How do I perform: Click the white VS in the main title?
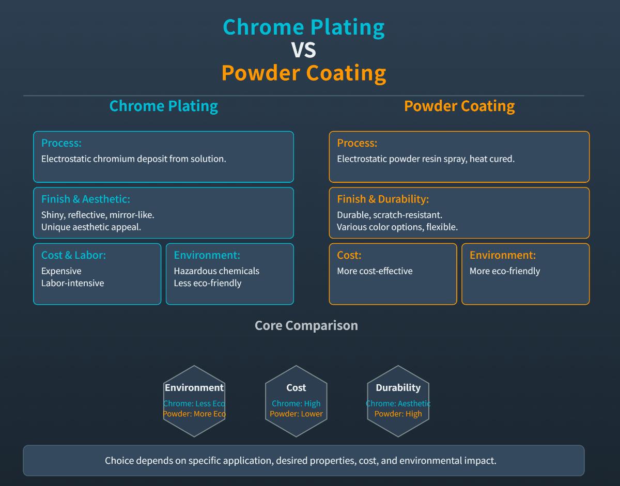304,50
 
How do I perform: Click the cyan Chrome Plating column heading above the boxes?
163,106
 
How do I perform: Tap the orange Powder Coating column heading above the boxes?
459,106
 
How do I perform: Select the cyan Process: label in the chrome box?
61,143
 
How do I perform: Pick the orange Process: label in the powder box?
357,143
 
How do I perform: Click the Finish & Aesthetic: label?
86,199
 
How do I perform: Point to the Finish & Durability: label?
383,199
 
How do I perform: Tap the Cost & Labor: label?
73,255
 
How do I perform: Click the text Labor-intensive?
72,283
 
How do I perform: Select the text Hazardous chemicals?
216,271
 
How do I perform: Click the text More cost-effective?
375,271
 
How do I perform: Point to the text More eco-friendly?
505,271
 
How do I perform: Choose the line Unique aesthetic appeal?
91,227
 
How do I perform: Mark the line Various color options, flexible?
397,227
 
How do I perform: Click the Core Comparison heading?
306,325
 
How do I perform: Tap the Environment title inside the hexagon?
194,387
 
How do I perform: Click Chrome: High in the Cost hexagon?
296,403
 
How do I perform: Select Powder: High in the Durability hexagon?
398,414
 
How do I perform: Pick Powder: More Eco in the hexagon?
194,414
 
